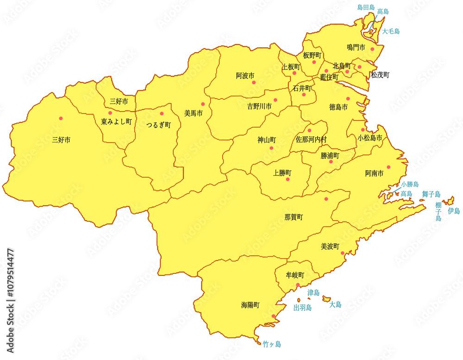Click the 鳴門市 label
point(356,48)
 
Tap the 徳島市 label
point(338,107)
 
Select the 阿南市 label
point(374,174)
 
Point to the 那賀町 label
point(294,217)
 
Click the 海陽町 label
point(250,305)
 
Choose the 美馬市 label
point(194,113)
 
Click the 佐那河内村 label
point(312,139)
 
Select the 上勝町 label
point(282,173)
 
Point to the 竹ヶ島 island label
point(272,344)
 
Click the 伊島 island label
point(454,211)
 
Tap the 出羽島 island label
point(302,307)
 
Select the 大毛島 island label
point(391,31)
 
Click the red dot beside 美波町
point(343,253)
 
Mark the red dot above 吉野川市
point(275,100)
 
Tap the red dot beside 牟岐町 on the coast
point(298,285)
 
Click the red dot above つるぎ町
point(162,114)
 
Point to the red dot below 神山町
point(271,149)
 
